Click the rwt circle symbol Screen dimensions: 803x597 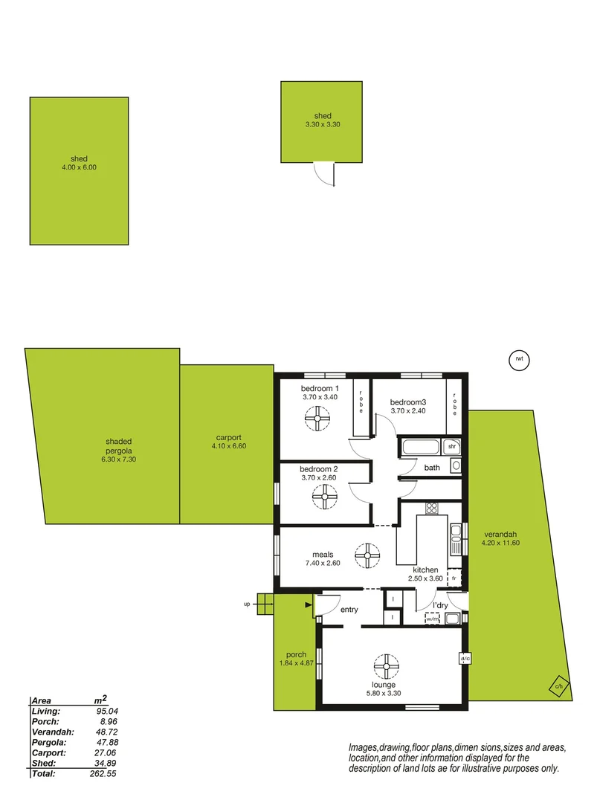click(519, 360)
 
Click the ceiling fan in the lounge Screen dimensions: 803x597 click(387, 665)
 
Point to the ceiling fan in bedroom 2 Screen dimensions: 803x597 click(324, 497)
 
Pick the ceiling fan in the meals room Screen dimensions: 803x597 click(366, 554)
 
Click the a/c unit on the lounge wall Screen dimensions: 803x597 click(464, 659)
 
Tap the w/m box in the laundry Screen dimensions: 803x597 click(433, 618)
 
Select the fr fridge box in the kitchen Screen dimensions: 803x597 click(454, 578)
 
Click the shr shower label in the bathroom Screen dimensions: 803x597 click(451, 446)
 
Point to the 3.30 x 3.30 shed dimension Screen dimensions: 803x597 click(322, 125)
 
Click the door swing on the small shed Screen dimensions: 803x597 click(325, 174)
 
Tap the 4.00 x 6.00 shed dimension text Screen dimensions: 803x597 click(80, 168)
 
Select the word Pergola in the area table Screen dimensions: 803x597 click(48, 742)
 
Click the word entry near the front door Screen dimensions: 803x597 click(349, 610)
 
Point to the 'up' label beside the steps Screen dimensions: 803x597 click(247, 604)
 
